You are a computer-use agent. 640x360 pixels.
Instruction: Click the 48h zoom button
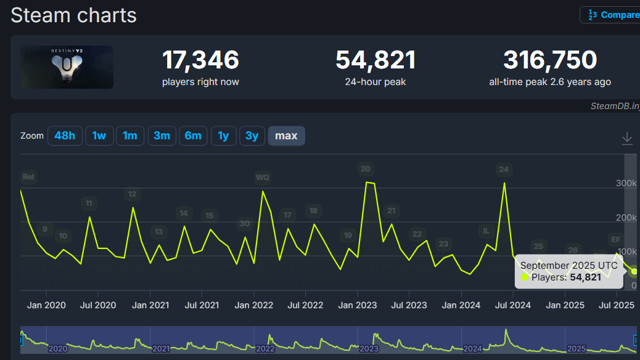tap(65, 136)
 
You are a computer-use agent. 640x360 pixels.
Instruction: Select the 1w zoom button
tap(99, 136)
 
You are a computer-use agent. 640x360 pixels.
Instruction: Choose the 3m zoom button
tap(162, 136)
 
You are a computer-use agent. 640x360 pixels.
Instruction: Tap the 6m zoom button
tap(193, 136)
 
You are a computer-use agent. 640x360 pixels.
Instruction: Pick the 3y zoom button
tap(252, 136)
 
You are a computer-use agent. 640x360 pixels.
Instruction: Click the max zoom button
tap(286, 136)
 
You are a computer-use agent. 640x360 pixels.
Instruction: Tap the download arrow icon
tap(627, 138)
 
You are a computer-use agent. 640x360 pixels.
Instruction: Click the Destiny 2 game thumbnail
tap(67, 67)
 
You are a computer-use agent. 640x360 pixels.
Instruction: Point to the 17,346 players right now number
tap(200, 60)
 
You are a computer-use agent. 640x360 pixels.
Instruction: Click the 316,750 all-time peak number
tap(550, 60)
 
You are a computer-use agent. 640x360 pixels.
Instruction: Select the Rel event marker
tap(28, 177)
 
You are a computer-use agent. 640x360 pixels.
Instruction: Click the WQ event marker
tap(263, 178)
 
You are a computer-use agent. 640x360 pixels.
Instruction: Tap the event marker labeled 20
tap(366, 169)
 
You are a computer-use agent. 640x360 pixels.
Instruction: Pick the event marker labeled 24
tap(504, 170)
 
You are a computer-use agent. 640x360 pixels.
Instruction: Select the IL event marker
tap(486, 231)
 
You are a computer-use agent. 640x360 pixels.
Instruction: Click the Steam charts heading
tap(74, 15)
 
